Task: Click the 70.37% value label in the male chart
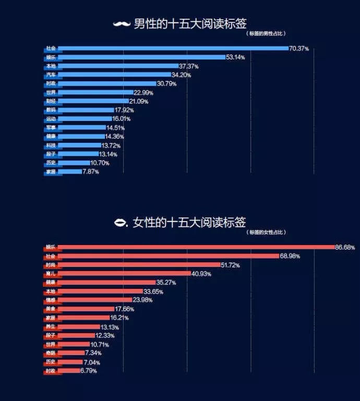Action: click(299, 48)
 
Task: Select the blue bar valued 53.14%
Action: click(141, 57)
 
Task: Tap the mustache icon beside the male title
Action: click(121, 24)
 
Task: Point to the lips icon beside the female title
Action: click(121, 223)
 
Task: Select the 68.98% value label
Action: click(290, 256)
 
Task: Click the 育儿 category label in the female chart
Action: click(51, 274)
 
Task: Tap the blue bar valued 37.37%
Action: click(118, 66)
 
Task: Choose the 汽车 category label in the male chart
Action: click(51, 75)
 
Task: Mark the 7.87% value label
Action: click(90, 172)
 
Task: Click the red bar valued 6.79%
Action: click(68, 371)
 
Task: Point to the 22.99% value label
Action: click(143, 93)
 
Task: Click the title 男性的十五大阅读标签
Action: click(190, 24)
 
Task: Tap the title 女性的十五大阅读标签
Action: click(189, 223)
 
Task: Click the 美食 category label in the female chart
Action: click(51, 309)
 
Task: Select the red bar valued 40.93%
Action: click(125, 274)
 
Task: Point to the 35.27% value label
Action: click(166, 283)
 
